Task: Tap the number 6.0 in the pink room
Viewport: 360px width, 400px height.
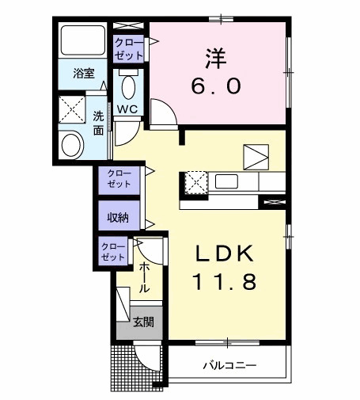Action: (213, 86)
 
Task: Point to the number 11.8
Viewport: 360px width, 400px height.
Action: (223, 283)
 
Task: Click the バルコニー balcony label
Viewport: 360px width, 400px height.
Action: (228, 366)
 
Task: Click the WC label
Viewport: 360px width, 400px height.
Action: (127, 109)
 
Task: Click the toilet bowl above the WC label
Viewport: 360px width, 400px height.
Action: (129, 85)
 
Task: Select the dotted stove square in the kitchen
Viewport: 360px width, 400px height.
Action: (195, 182)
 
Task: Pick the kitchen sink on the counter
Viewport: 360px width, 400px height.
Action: (227, 182)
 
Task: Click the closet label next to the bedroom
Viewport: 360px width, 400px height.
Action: (128, 48)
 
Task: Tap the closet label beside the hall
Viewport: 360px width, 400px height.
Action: (113, 253)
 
